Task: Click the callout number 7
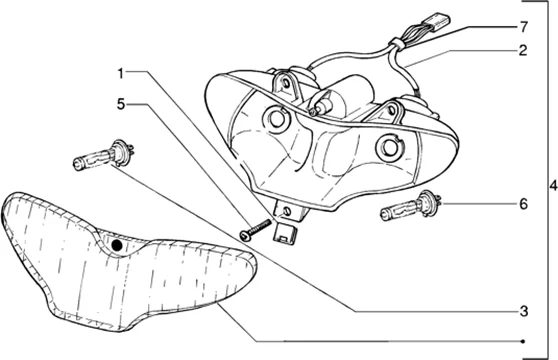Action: (523, 27)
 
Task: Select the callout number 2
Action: (523, 51)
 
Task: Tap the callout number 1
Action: (121, 74)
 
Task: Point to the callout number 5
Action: (121, 104)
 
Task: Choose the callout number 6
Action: (523, 204)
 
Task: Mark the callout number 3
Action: (523, 312)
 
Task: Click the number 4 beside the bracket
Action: (553, 186)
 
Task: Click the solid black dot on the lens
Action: (117, 245)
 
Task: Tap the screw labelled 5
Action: (255, 229)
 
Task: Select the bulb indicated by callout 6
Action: (411, 206)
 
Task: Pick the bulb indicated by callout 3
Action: (104, 156)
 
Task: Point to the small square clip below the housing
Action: (284, 231)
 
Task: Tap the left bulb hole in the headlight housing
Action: (277, 120)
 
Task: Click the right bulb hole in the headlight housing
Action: (390, 146)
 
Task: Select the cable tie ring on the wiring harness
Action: (396, 44)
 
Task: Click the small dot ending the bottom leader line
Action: (523, 342)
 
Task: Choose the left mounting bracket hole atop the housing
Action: (286, 83)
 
